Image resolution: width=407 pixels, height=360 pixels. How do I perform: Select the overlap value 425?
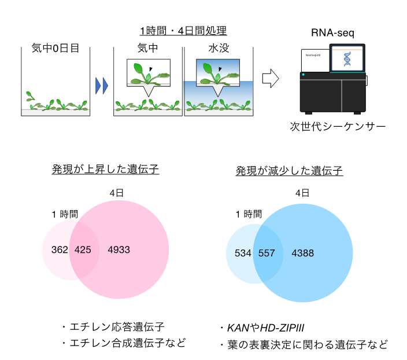pyautogui.click(x=84, y=250)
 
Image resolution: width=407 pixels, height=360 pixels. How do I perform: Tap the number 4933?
pyautogui.click(x=120, y=250)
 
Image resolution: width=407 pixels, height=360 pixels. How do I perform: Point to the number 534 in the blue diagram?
pyautogui.click(x=243, y=253)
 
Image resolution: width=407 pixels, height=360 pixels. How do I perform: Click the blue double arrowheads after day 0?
pyautogui.click(x=102, y=86)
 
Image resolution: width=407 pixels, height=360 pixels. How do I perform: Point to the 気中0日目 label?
pyautogui.click(x=55, y=49)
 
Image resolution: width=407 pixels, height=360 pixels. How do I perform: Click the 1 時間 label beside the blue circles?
pyautogui.click(x=249, y=214)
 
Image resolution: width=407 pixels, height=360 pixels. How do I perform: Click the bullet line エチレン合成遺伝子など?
pyautogui.click(x=123, y=343)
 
